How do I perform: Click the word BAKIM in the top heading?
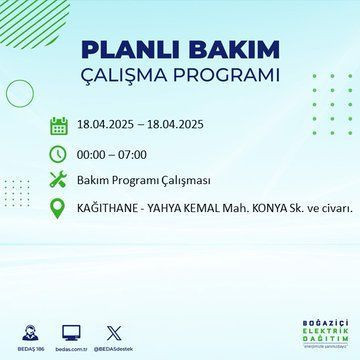226,51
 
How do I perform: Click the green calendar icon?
58,126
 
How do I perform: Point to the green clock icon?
58,155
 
